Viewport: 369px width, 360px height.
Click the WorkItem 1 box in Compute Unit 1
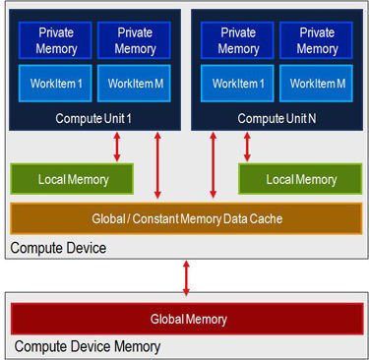[55, 84]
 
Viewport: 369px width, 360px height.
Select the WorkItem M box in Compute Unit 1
[134, 84]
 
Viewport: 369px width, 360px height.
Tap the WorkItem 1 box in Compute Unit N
[237, 84]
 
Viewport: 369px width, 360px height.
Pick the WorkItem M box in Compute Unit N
[316, 84]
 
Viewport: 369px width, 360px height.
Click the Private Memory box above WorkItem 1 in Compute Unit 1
[55, 40]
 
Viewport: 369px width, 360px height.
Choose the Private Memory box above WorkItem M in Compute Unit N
[316, 40]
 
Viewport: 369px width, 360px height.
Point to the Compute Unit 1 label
[93, 118]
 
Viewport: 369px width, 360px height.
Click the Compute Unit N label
[277, 118]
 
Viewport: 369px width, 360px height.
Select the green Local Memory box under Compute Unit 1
[72, 179]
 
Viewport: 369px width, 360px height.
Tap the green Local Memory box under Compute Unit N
[300, 179]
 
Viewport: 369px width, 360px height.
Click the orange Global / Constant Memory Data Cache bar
[186, 218]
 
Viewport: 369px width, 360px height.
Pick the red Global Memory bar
[187, 319]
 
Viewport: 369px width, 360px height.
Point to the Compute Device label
[58, 248]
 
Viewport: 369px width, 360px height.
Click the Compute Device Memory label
[88, 346]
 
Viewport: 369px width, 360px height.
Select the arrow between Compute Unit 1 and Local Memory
[117, 147]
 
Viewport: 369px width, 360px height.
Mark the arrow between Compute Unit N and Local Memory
[247, 147]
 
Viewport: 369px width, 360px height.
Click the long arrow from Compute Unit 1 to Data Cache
[157, 165]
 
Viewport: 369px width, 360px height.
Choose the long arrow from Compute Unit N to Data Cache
[213, 165]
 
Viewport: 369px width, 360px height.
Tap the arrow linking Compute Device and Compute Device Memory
[186, 278]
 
